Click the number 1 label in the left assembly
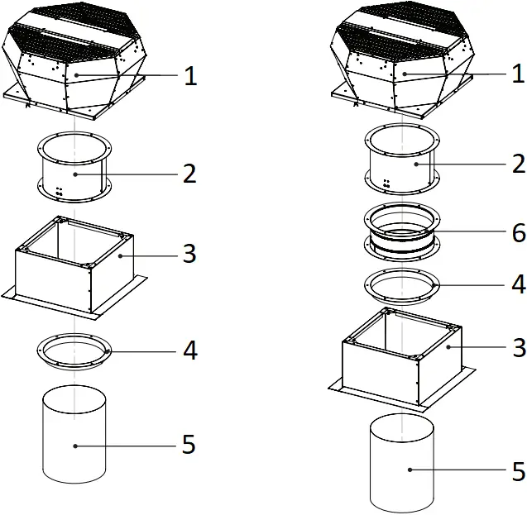pyautogui.click(x=189, y=76)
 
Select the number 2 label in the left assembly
pyautogui.click(x=189, y=174)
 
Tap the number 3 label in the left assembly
pyautogui.click(x=189, y=255)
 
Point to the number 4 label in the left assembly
pyautogui.click(x=189, y=350)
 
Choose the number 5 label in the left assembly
pyautogui.click(x=189, y=445)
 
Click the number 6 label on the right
pyautogui.click(x=518, y=234)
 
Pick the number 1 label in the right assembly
pyautogui.click(x=518, y=74)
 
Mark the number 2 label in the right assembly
pyautogui.click(x=518, y=164)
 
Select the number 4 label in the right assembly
pyautogui.click(x=518, y=284)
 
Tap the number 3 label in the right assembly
pyautogui.click(x=518, y=348)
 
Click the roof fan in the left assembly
pyautogui.click(x=76, y=58)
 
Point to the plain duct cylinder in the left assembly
pyautogui.click(x=74, y=438)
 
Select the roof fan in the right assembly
pyautogui.click(x=404, y=58)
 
